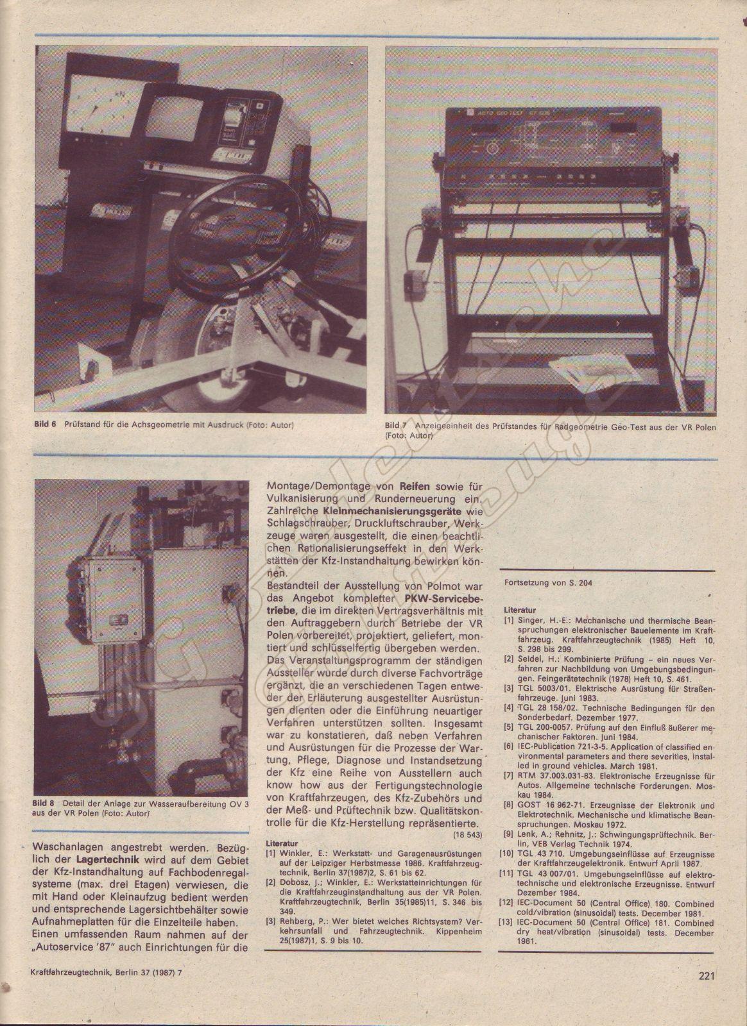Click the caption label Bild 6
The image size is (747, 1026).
tap(45, 425)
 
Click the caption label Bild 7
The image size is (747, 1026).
tap(396, 426)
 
